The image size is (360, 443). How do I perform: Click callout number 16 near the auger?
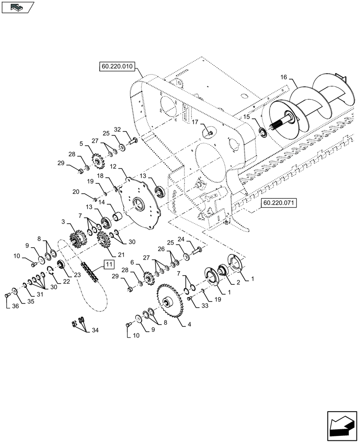coord(284,77)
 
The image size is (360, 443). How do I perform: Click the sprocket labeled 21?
coord(103,241)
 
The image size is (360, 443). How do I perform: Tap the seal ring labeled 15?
coord(262,132)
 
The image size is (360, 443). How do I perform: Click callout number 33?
coord(204,305)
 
